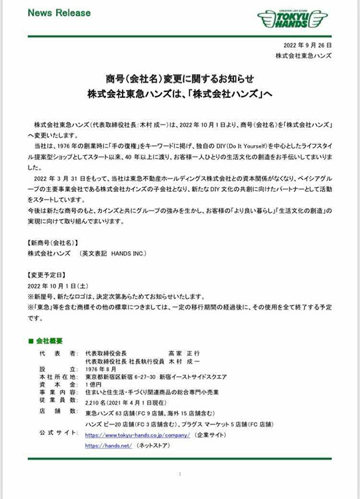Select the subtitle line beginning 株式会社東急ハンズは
point(180,95)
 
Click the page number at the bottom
point(180,474)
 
